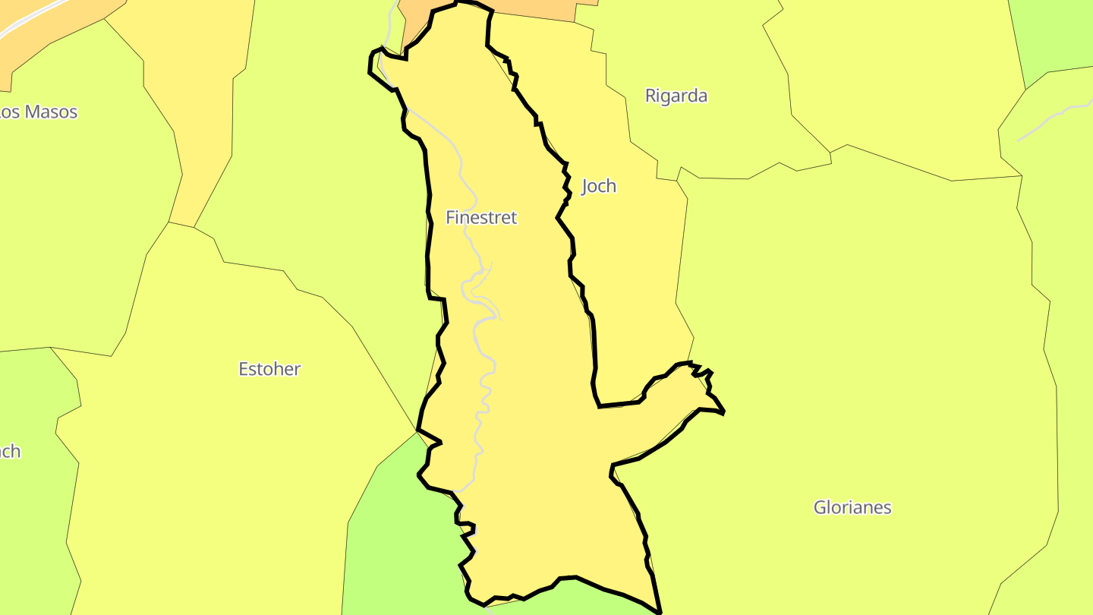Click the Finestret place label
481,218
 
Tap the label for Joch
598,186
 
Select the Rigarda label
676,96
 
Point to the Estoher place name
269,370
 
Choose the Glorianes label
852,507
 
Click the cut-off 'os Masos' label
38,112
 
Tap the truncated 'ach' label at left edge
10,452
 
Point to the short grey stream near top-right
1047,121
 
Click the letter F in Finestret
450,218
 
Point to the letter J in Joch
585,187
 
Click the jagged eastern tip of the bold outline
723,412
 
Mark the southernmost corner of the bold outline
660,611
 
